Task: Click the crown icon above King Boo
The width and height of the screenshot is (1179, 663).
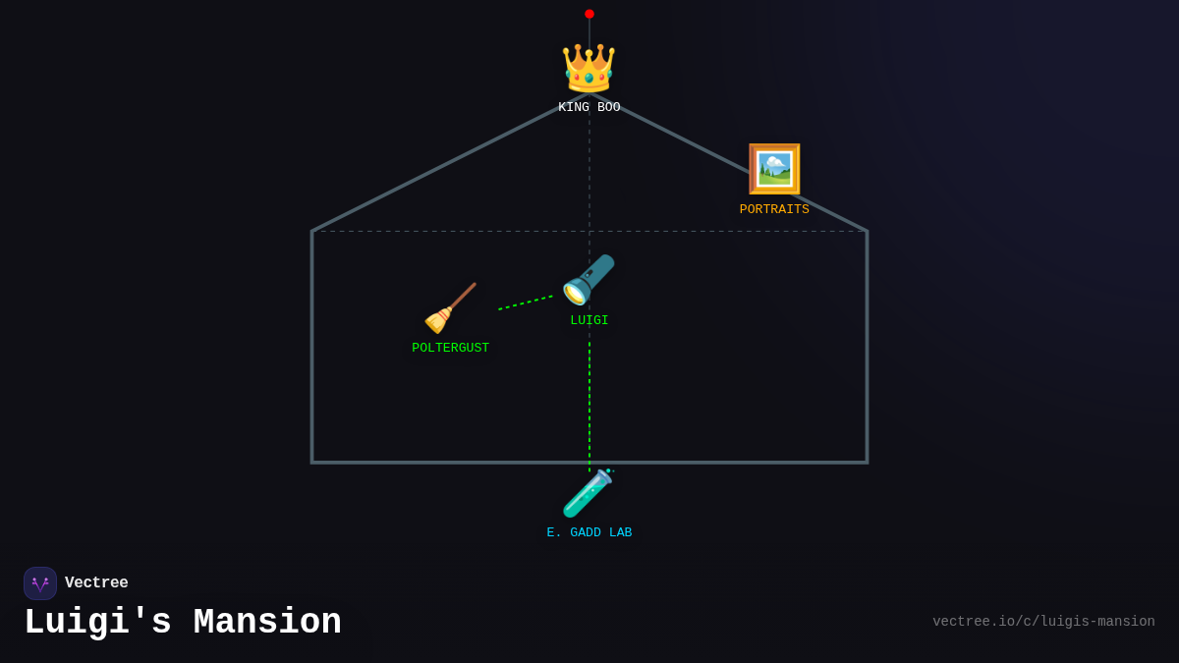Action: pyautogui.click(x=589, y=69)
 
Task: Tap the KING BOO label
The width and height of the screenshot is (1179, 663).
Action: pyautogui.click(x=589, y=108)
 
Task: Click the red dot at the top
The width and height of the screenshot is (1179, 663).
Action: pyautogui.click(x=589, y=14)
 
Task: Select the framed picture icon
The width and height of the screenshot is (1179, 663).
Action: pyautogui.click(x=774, y=169)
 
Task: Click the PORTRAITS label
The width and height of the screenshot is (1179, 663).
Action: pyautogui.click(x=774, y=210)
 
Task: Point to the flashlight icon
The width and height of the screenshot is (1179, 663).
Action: pyautogui.click(x=589, y=280)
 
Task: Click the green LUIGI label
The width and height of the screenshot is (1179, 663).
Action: pyautogui.click(x=589, y=321)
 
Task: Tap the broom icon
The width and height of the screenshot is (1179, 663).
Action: pyautogui.click(x=450, y=308)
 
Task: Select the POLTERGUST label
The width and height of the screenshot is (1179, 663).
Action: pyautogui.click(x=450, y=349)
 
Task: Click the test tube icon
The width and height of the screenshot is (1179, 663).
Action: pyautogui.click(x=588, y=493)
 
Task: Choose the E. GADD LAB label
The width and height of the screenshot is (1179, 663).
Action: pyautogui.click(x=589, y=533)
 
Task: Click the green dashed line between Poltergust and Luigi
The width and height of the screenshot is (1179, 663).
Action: pyautogui.click(x=526, y=303)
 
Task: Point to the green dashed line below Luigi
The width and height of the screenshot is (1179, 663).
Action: pyautogui.click(x=589, y=403)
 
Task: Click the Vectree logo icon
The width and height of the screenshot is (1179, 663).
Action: pyautogui.click(x=40, y=583)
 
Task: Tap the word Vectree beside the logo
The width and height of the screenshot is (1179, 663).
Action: pyautogui.click(x=96, y=583)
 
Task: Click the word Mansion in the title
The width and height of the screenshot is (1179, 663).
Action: pyautogui.click(x=267, y=623)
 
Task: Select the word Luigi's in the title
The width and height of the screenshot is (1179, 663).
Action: pyautogui.click(x=97, y=623)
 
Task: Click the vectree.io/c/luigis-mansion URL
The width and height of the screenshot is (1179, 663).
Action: pyautogui.click(x=1043, y=622)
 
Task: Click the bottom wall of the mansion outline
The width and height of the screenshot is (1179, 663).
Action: pyautogui.click(x=442, y=463)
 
